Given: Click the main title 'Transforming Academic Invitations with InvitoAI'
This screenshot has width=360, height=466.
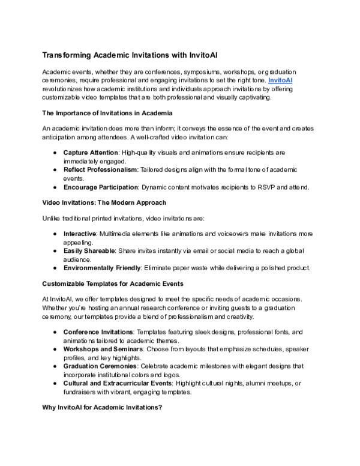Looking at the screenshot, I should pyautogui.click(x=130, y=55).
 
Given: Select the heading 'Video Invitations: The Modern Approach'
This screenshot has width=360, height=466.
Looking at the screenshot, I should pyautogui.click(x=104, y=202).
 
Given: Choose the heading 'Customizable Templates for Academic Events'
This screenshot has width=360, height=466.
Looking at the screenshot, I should pyautogui.click(x=112, y=283).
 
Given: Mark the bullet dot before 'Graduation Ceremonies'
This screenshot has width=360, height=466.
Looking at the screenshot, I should pyautogui.click(x=55, y=365).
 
